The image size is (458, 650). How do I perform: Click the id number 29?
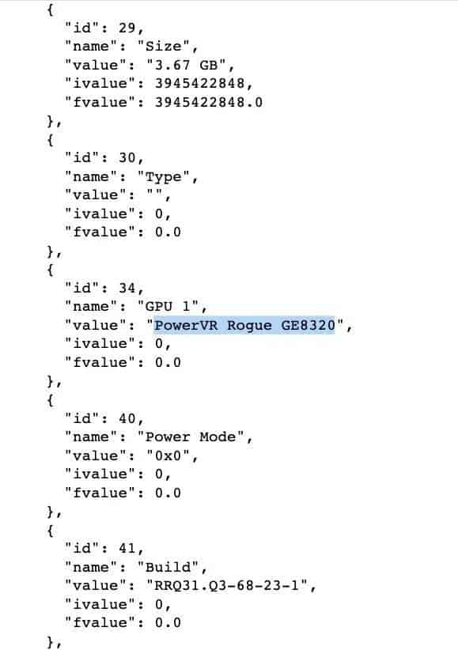point(127,28)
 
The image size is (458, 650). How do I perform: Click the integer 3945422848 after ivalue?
point(199,83)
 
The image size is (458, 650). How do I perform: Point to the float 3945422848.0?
point(209,102)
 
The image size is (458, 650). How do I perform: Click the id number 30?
point(127,158)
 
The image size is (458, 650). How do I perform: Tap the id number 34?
point(127,288)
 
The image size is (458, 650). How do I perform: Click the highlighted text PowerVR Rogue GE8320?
point(244,326)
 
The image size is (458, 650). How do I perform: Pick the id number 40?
point(127,418)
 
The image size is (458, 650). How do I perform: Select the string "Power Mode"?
point(191,436)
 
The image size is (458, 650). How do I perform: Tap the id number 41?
point(127,549)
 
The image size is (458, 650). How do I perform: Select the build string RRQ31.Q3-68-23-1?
point(226,586)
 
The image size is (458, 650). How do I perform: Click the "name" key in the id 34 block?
point(91,306)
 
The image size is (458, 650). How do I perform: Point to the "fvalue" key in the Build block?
point(100,622)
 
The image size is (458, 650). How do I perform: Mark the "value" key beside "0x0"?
point(96,455)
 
